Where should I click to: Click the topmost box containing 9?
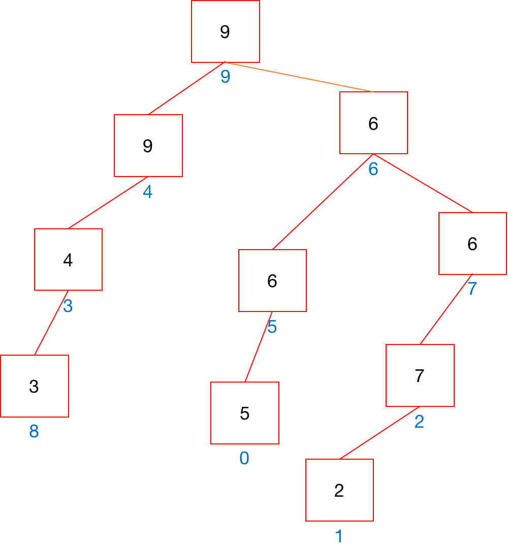click(x=225, y=31)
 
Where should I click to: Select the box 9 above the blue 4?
click(x=148, y=146)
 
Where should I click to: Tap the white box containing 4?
click(x=68, y=259)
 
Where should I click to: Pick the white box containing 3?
click(x=34, y=386)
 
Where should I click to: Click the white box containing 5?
click(x=244, y=413)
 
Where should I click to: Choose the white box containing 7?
click(x=420, y=375)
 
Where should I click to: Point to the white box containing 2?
click(x=339, y=490)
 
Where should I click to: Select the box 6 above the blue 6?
click(x=373, y=123)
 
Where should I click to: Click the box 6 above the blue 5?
click(x=272, y=281)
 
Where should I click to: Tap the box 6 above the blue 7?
click(x=472, y=244)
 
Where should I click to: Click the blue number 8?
click(x=34, y=432)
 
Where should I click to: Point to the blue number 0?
click(x=244, y=459)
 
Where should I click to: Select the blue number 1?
click(x=339, y=536)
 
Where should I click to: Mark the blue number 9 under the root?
click(x=225, y=77)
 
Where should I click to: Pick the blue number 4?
click(x=148, y=192)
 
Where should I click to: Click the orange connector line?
click(x=300, y=77)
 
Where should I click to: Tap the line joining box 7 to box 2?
click(x=380, y=433)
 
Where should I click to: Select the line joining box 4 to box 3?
click(x=51, y=323)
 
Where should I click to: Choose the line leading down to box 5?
click(x=259, y=347)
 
